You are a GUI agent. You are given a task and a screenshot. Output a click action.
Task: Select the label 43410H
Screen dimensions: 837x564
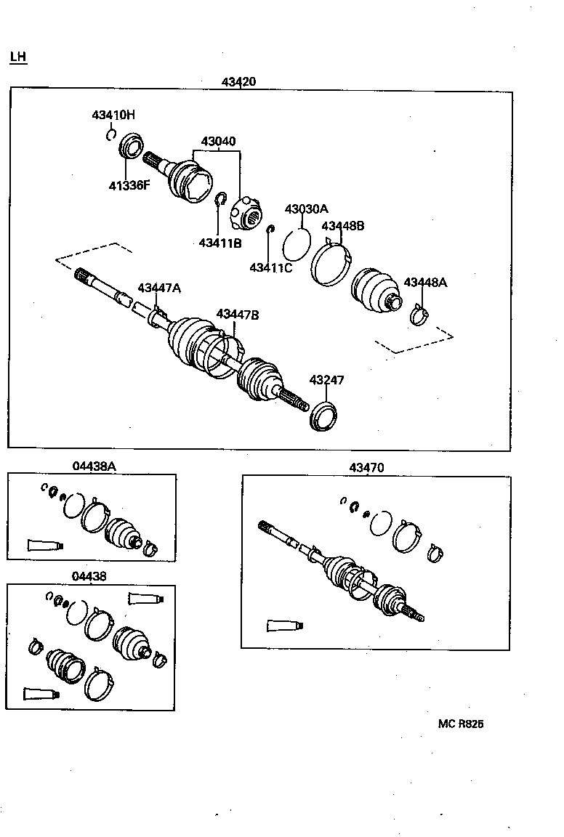[113, 115]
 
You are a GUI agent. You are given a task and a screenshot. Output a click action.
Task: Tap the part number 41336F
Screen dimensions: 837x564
[129, 185]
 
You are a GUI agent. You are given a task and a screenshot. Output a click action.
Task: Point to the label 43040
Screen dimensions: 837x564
[218, 141]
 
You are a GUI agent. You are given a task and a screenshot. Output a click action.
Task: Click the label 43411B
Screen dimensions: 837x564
[219, 243]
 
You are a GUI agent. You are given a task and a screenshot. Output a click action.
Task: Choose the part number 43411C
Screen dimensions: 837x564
[270, 267]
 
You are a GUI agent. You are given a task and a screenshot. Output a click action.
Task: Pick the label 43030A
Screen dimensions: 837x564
[306, 209]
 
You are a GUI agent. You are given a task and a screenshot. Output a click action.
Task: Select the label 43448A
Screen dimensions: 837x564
[425, 283]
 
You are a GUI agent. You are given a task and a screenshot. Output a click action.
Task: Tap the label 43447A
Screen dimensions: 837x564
[159, 288]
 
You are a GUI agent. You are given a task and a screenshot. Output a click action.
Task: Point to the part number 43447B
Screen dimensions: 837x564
[237, 315]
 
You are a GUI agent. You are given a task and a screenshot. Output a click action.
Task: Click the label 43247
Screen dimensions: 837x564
[326, 380]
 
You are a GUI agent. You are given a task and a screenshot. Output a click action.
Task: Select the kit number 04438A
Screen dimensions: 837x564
[94, 466]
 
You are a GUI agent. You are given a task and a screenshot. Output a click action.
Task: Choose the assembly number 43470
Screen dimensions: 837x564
[366, 468]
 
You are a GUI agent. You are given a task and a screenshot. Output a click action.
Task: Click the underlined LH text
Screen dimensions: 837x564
[18, 57]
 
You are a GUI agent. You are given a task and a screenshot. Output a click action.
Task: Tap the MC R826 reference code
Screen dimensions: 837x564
[461, 724]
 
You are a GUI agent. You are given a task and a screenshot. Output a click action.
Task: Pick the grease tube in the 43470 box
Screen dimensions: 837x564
[284, 625]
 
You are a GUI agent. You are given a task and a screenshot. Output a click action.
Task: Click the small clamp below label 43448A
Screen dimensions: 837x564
[419, 316]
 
